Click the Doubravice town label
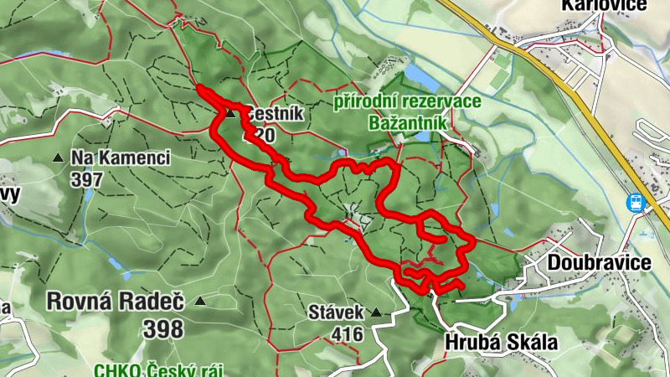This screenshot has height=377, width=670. pos(599,263)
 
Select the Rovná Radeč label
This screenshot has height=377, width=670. pos(116,301)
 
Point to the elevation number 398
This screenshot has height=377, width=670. pos(163,328)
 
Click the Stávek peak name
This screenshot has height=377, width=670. pos(335,312)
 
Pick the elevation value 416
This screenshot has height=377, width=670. pos(347,334)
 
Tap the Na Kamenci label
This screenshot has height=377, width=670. pos(121,158)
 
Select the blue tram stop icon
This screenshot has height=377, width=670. pos(635,201)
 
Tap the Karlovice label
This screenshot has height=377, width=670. pos(605,5)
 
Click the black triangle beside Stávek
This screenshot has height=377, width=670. pos(376,312)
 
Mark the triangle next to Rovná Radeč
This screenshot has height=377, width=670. pos(200,301)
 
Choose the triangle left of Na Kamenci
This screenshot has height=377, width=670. pos(58,158)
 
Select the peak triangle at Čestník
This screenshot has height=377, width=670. pos(229,114)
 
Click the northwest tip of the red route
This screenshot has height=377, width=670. pos(198,87)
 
